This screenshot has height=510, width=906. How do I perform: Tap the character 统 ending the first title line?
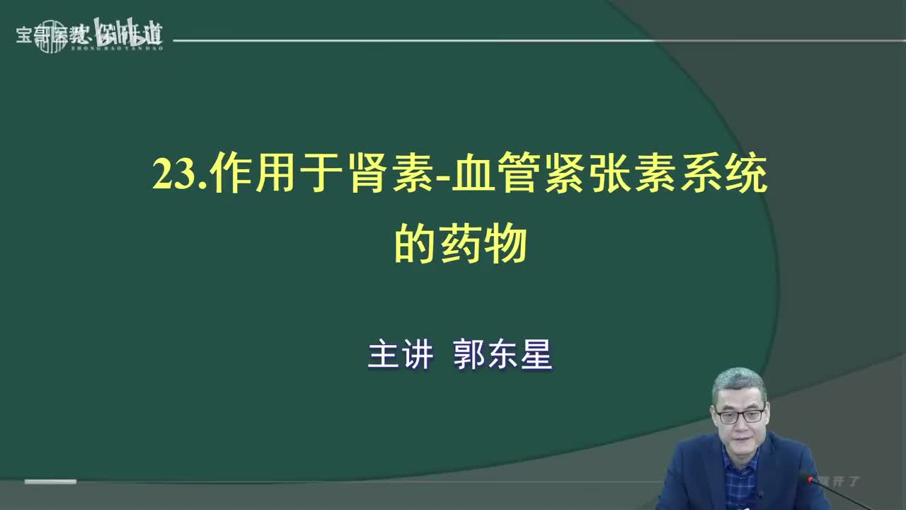tap(746, 175)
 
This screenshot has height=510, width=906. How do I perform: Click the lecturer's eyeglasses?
tap(740, 416)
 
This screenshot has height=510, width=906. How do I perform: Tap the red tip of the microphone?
tap(805, 479)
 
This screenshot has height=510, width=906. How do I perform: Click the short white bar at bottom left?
tap(50, 482)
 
